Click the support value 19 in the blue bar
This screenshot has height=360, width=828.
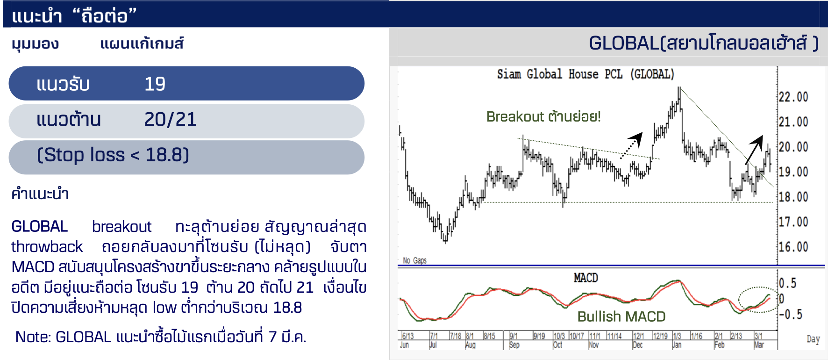click(155, 84)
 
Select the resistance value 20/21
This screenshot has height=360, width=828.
click(171, 120)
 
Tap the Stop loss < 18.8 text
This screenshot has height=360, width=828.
click(113, 155)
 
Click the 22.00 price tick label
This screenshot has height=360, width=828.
click(793, 97)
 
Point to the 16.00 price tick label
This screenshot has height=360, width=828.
click(793, 247)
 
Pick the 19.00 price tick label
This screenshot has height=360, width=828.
click(793, 172)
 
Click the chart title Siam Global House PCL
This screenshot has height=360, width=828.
click(560, 74)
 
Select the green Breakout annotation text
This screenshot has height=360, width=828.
click(543, 116)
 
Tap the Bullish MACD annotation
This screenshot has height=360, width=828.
click(621, 317)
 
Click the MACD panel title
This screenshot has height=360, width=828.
click(585, 278)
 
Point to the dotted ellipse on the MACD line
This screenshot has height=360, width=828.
click(739, 299)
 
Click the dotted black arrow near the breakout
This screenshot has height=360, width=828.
click(631, 145)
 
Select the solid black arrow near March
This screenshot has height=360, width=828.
click(754, 149)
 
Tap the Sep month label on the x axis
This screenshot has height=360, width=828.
click(514, 345)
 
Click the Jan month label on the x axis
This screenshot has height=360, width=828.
click(677, 345)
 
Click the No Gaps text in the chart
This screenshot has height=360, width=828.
click(415, 260)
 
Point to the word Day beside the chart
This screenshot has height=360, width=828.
click(813, 339)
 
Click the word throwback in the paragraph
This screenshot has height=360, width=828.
click(47, 247)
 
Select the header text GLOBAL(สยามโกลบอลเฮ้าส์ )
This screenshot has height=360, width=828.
click(704, 43)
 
